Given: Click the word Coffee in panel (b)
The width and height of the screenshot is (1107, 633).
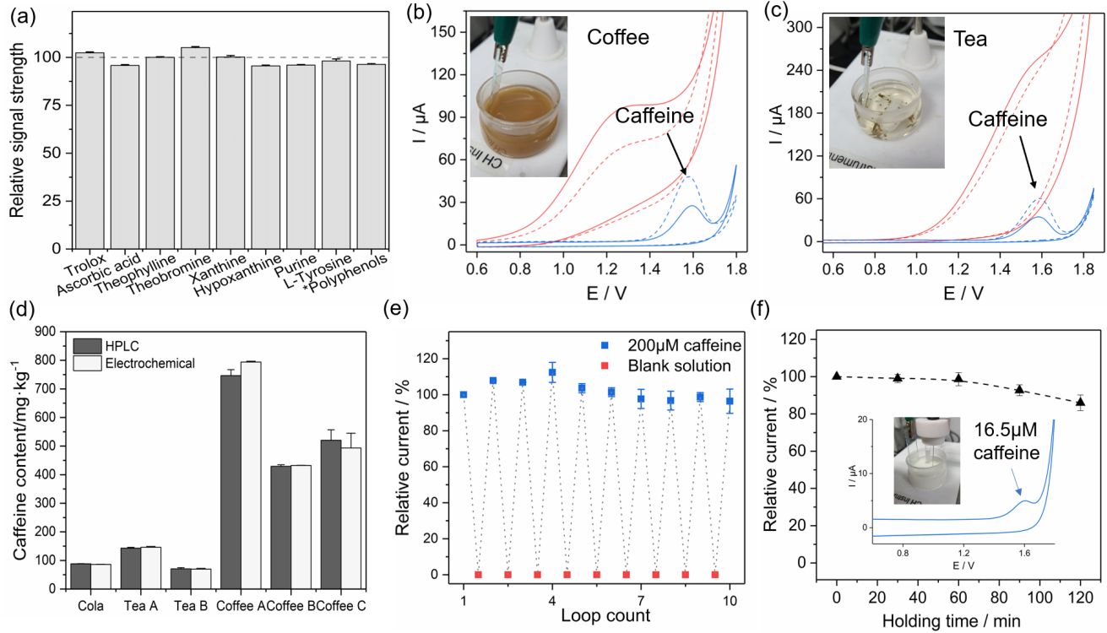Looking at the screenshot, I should pyautogui.click(x=618, y=37).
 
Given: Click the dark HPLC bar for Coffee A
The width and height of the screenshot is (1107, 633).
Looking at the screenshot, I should pyautogui.click(x=231, y=481).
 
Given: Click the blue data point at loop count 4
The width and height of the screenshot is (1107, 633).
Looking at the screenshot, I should pyautogui.click(x=552, y=372).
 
